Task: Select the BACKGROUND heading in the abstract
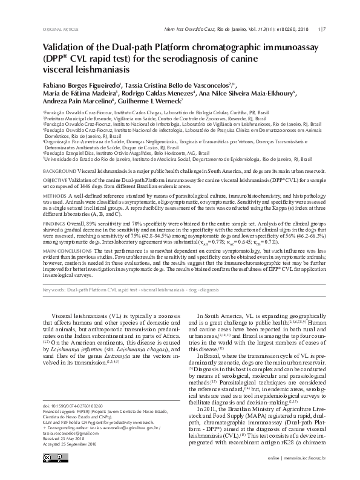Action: pos(59,172)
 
